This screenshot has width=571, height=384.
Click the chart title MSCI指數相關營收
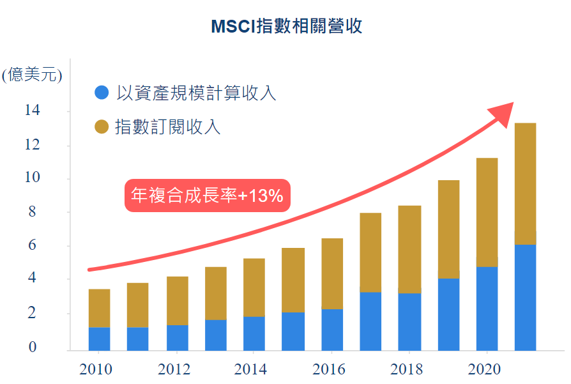click(x=286, y=26)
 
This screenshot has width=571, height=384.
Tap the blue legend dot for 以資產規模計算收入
click(x=102, y=93)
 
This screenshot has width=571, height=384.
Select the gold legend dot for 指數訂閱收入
click(x=102, y=127)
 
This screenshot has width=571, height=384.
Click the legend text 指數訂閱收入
click(x=168, y=127)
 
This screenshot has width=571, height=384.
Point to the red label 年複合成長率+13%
click(x=207, y=196)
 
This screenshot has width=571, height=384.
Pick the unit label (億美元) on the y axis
click(x=32, y=75)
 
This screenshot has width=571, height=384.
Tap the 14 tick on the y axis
click(x=32, y=111)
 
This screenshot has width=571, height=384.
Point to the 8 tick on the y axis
click(x=32, y=211)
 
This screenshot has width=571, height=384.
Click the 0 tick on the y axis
click(x=32, y=347)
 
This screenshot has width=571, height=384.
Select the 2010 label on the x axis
click(x=96, y=369)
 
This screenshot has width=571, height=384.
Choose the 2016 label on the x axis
click(x=330, y=369)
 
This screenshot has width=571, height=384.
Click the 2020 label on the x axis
click(x=485, y=369)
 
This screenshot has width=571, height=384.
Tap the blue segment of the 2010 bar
click(x=99, y=339)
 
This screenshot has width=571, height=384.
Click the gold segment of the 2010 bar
click(x=99, y=308)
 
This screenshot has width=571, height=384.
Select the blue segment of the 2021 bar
click(x=525, y=297)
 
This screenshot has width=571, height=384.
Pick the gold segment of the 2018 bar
click(x=409, y=249)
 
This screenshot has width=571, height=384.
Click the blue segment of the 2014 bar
click(x=254, y=333)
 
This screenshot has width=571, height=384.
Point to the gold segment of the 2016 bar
click(x=332, y=273)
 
